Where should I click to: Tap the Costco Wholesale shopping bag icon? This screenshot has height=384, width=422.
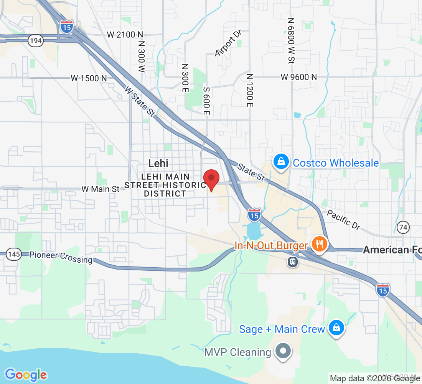(x=281, y=162)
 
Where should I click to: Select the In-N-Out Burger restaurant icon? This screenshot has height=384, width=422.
(x=319, y=244)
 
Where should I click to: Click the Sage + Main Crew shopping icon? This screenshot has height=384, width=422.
(x=336, y=328)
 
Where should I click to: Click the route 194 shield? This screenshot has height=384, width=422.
(x=35, y=41)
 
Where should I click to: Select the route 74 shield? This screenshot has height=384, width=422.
(x=403, y=227)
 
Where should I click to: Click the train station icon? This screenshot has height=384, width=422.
(x=293, y=262)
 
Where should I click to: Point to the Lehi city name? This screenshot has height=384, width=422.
(x=158, y=163)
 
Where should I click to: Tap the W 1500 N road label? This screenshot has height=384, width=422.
(x=89, y=78)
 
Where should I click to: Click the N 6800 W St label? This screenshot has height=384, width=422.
(x=291, y=40)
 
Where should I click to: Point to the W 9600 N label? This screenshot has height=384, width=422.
(x=298, y=77)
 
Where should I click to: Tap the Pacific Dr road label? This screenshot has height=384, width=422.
(x=343, y=220)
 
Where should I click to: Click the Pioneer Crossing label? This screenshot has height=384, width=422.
(x=61, y=257)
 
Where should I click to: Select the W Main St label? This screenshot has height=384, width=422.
(x=100, y=189)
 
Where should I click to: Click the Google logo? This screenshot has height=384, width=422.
(x=26, y=374)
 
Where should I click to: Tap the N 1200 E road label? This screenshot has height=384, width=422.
(x=250, y=90)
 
